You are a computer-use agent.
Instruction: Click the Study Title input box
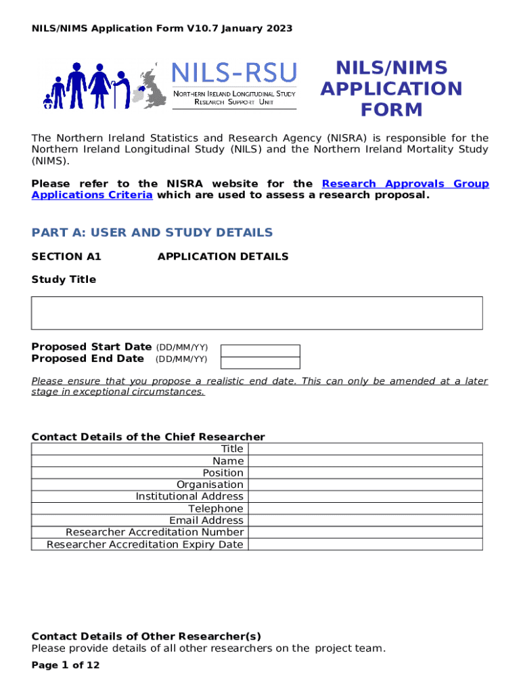256,313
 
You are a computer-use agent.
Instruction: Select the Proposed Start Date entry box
260,351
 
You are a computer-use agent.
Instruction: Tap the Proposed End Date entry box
260,362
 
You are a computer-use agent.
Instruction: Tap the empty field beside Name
365,461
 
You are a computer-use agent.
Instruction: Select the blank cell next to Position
365,472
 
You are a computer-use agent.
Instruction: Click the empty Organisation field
365,485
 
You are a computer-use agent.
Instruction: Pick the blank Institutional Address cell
365,496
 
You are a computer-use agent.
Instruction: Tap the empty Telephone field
365,508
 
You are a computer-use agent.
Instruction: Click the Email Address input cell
365,520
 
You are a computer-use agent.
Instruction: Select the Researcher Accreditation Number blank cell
365,532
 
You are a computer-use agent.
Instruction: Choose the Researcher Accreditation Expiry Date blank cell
365,544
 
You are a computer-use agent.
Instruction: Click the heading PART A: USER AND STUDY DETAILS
152,233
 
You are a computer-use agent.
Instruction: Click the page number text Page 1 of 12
66,665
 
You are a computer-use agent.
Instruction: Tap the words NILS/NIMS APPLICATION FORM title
391,89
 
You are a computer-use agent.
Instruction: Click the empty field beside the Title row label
365,449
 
